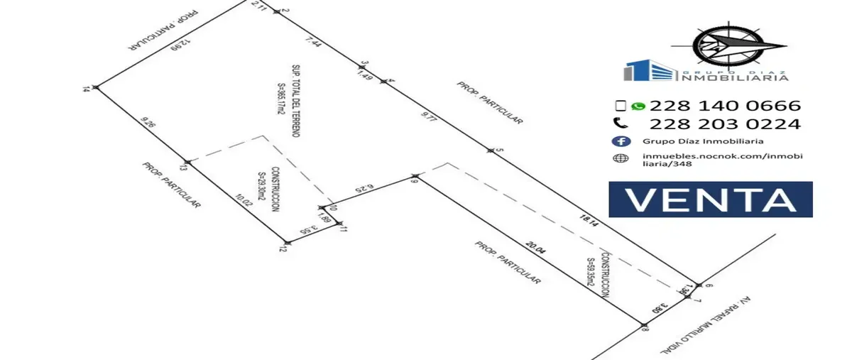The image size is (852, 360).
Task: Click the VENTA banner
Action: coord(710,200)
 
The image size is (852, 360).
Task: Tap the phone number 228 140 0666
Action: coord(725,106)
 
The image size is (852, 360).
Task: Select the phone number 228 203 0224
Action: coord(725,124)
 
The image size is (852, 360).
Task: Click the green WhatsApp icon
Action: coord(638,106)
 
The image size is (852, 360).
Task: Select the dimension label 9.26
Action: coord(148,124)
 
